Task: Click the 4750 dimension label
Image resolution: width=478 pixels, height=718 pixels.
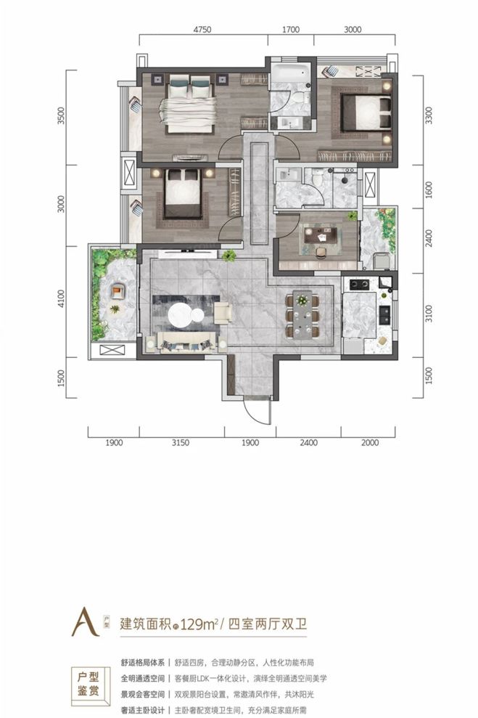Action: [202, 30]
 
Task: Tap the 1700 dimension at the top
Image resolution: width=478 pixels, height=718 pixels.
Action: [290, 30]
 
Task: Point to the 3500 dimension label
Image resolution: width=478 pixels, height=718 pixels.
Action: [62, 117]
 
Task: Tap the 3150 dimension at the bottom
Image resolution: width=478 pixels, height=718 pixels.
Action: [181, 442]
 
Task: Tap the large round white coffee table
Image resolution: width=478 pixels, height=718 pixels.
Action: [186, 315]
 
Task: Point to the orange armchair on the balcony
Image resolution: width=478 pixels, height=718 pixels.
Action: [117, 292]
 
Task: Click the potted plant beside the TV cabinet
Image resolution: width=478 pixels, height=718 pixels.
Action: [230, 255]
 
